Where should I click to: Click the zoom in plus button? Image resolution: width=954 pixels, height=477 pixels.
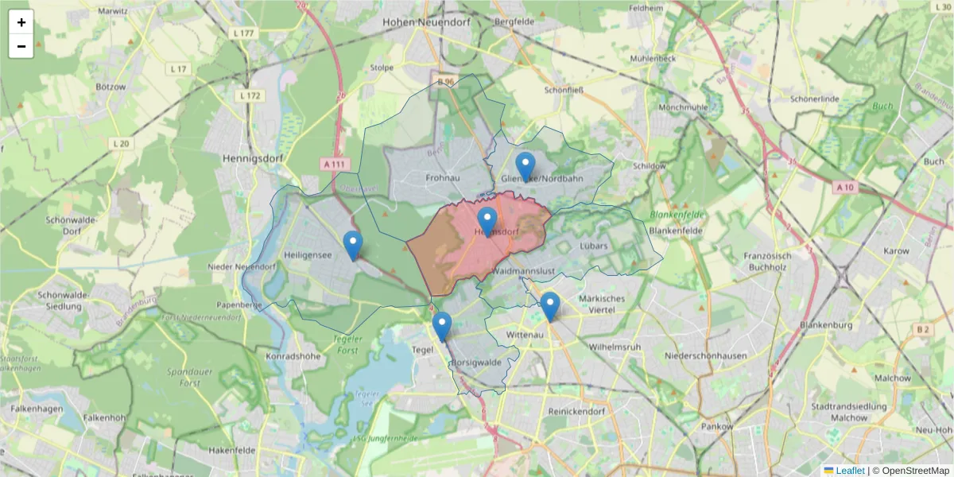click(21, 22)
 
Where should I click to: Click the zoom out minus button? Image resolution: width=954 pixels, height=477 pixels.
click(21, 46)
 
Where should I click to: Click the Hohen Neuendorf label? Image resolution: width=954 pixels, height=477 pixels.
click(426, 22)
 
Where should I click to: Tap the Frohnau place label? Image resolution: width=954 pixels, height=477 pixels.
click(443, 177)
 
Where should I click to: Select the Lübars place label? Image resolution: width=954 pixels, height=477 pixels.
click(594, 246)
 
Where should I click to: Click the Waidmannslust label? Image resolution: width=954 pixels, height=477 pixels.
click(523, 271)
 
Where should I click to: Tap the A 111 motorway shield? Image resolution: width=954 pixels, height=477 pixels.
click(336, 163)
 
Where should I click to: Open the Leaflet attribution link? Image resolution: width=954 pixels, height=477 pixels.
click(850, 471)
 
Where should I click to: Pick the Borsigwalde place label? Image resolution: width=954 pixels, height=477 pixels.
click(475, 362)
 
